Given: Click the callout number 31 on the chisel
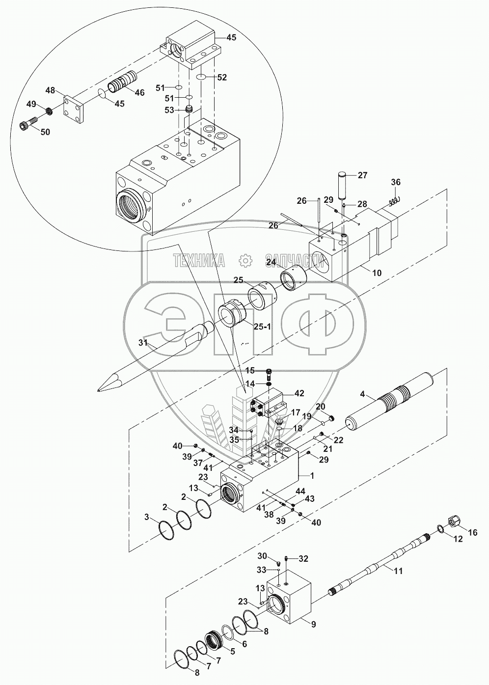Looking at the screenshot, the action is pos(143,343).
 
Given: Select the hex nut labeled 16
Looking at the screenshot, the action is pos(454,521).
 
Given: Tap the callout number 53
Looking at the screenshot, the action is pos(169,110).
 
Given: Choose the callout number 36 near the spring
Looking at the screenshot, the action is pos(396,182).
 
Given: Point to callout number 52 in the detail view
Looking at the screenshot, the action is pos(222,77).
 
